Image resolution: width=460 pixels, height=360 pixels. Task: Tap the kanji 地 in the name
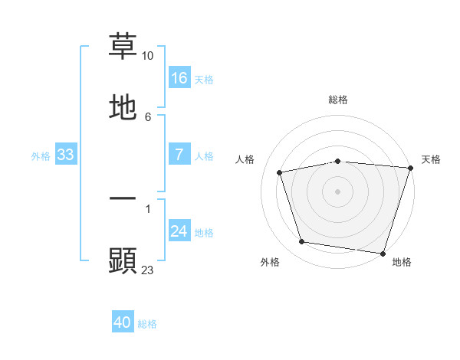click(x=123, y=107)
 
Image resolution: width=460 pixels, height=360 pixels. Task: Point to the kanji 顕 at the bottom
click(x=123, y=260)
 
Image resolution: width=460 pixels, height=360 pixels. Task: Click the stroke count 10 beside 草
click(x=148, y=56)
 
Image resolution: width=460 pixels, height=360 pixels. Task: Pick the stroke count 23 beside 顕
click(x=148, y=270)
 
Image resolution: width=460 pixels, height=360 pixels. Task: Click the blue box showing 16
click(x=179, y=77)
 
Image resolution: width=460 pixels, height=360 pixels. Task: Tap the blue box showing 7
click(x=179, y=155)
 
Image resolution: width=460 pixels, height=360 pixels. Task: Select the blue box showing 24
click(x=179, y=231)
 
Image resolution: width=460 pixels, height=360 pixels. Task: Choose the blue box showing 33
click(x=65, y=155)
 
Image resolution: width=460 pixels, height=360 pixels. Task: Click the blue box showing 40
click(x=123, y=322)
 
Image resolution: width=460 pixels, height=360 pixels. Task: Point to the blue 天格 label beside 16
click(x=204, y=79)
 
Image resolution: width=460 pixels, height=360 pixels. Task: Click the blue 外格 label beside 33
click(x=41, y=156)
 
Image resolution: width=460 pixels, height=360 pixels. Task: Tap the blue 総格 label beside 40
click(x=147, y=324)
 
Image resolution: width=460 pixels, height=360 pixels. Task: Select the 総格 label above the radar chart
click(x=338, y=100)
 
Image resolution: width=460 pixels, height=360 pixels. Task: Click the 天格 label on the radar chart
click(x=431, y=159)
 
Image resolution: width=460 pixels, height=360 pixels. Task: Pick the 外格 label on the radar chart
click(x=270, y=262)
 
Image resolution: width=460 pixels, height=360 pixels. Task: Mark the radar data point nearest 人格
click(x=281, y=172)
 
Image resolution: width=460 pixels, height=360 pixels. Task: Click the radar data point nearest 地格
click(x=383, y=253)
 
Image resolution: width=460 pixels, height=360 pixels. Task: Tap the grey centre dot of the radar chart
click(x=338, y=191)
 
